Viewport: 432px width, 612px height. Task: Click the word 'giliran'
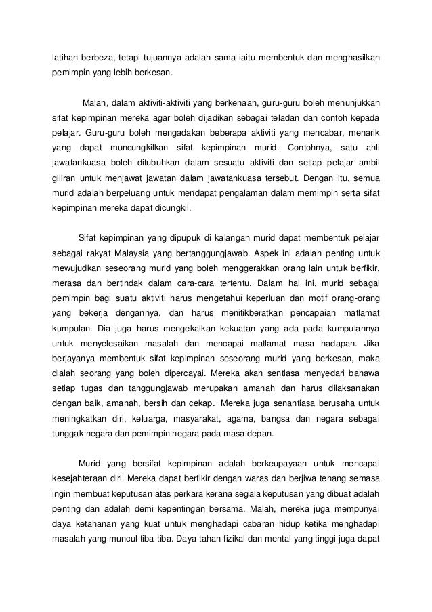tap(66, 178)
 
